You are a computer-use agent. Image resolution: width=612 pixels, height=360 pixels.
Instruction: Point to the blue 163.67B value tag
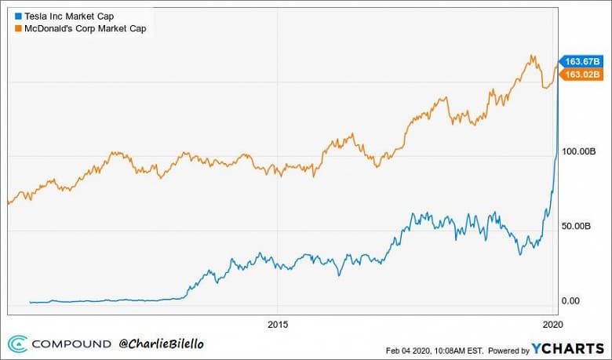click(581, 61)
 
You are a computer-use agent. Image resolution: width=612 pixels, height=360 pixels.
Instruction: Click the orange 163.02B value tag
click(581, 74)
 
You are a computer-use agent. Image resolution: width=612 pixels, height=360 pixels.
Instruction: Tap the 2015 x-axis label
click(279, 323)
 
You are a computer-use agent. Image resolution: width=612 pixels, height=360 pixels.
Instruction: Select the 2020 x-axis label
click(553, 323)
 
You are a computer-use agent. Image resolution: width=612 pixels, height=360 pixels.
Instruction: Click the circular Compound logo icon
click(18, 344)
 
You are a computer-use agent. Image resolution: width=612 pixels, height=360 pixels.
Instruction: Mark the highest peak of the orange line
click(532, 56)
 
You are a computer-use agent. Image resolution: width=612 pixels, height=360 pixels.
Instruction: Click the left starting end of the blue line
click(29, 302)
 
